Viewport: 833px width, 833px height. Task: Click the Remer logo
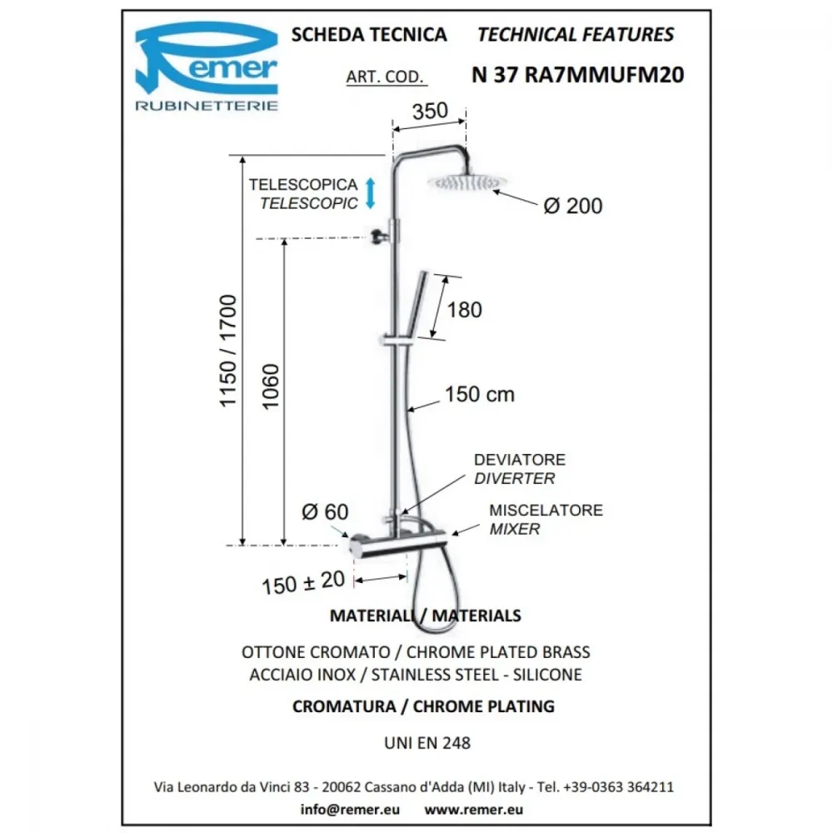coord(206,66)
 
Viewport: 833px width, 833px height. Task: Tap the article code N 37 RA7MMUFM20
coord(577,75)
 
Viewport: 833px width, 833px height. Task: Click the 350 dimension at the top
coord(430,111)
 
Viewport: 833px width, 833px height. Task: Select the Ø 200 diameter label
coord(573,206)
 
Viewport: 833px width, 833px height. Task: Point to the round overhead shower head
coord(466,182)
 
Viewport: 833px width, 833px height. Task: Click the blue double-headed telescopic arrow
coord(371,193)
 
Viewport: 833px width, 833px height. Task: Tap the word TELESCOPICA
coord(303,184)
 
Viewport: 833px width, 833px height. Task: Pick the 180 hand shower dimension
coord(464,310)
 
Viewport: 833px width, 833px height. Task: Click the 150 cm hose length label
coord(479,394)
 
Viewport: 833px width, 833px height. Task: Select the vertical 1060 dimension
coord(271,387)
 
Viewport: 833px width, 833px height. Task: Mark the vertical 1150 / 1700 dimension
coord(227,352)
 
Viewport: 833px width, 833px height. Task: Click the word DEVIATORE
coord(519,460)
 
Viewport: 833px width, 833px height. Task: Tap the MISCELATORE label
coord(546,510)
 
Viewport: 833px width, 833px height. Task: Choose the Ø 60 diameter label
coord(325,512)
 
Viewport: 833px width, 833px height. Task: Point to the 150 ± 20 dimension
coord(303,582)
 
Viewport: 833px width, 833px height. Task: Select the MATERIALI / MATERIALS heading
coord(426,616)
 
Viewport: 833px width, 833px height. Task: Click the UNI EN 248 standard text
coord(427,743)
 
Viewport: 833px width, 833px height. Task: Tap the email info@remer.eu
coord(350,809)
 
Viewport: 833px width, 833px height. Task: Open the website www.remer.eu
coord(473,809)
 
